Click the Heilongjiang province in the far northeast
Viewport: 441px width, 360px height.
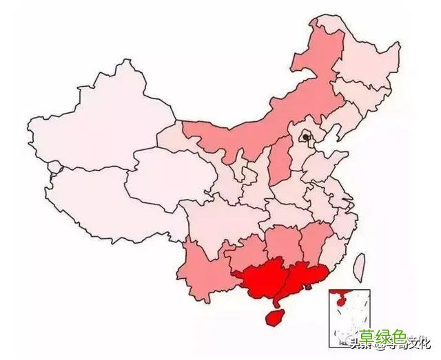(x=365, y=62)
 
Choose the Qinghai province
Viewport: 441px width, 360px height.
(x=165, y=172)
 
